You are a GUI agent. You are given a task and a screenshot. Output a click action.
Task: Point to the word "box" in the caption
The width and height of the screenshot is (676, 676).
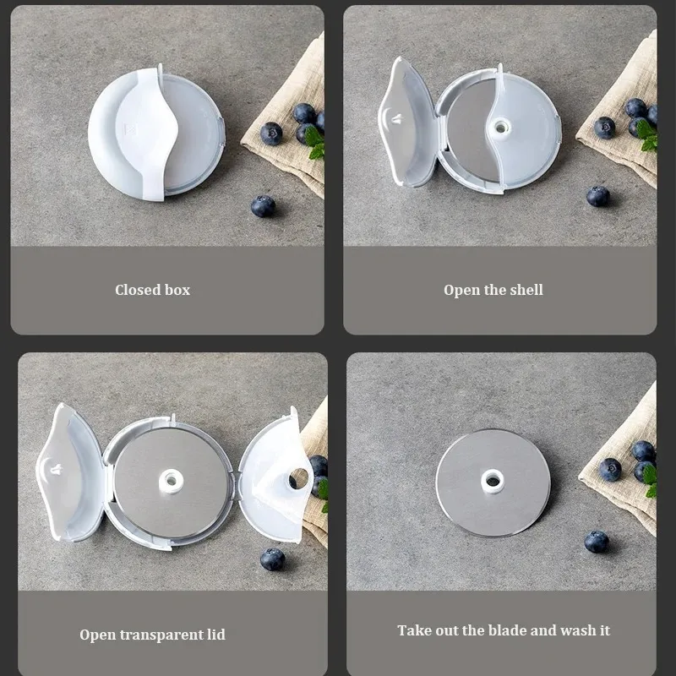click(177, 290)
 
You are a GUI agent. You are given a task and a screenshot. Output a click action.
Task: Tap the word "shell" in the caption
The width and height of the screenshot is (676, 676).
click(525, 290)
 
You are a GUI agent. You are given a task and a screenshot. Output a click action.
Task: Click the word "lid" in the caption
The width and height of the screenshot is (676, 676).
click(215, 635)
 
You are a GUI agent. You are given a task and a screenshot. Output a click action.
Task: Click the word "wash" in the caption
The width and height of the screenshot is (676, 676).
click(578, 630)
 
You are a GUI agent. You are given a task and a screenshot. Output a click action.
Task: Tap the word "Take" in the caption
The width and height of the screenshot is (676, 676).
click(414, 630)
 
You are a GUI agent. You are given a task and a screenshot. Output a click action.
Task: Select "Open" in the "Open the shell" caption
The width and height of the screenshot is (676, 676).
click(461, 290)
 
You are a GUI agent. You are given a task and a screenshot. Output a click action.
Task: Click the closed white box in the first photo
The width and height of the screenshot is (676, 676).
click(156, 135)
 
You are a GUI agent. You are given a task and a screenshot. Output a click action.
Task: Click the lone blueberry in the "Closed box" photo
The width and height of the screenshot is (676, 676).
click(263, 206)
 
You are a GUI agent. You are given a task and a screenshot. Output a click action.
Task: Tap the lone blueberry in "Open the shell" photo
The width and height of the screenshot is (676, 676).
click(598, 196)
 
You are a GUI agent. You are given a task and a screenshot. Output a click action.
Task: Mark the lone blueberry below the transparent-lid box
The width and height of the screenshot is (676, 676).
click(272, 559)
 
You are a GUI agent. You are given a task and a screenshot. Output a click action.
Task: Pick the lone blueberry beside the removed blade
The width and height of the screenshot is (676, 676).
click(597, 542)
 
